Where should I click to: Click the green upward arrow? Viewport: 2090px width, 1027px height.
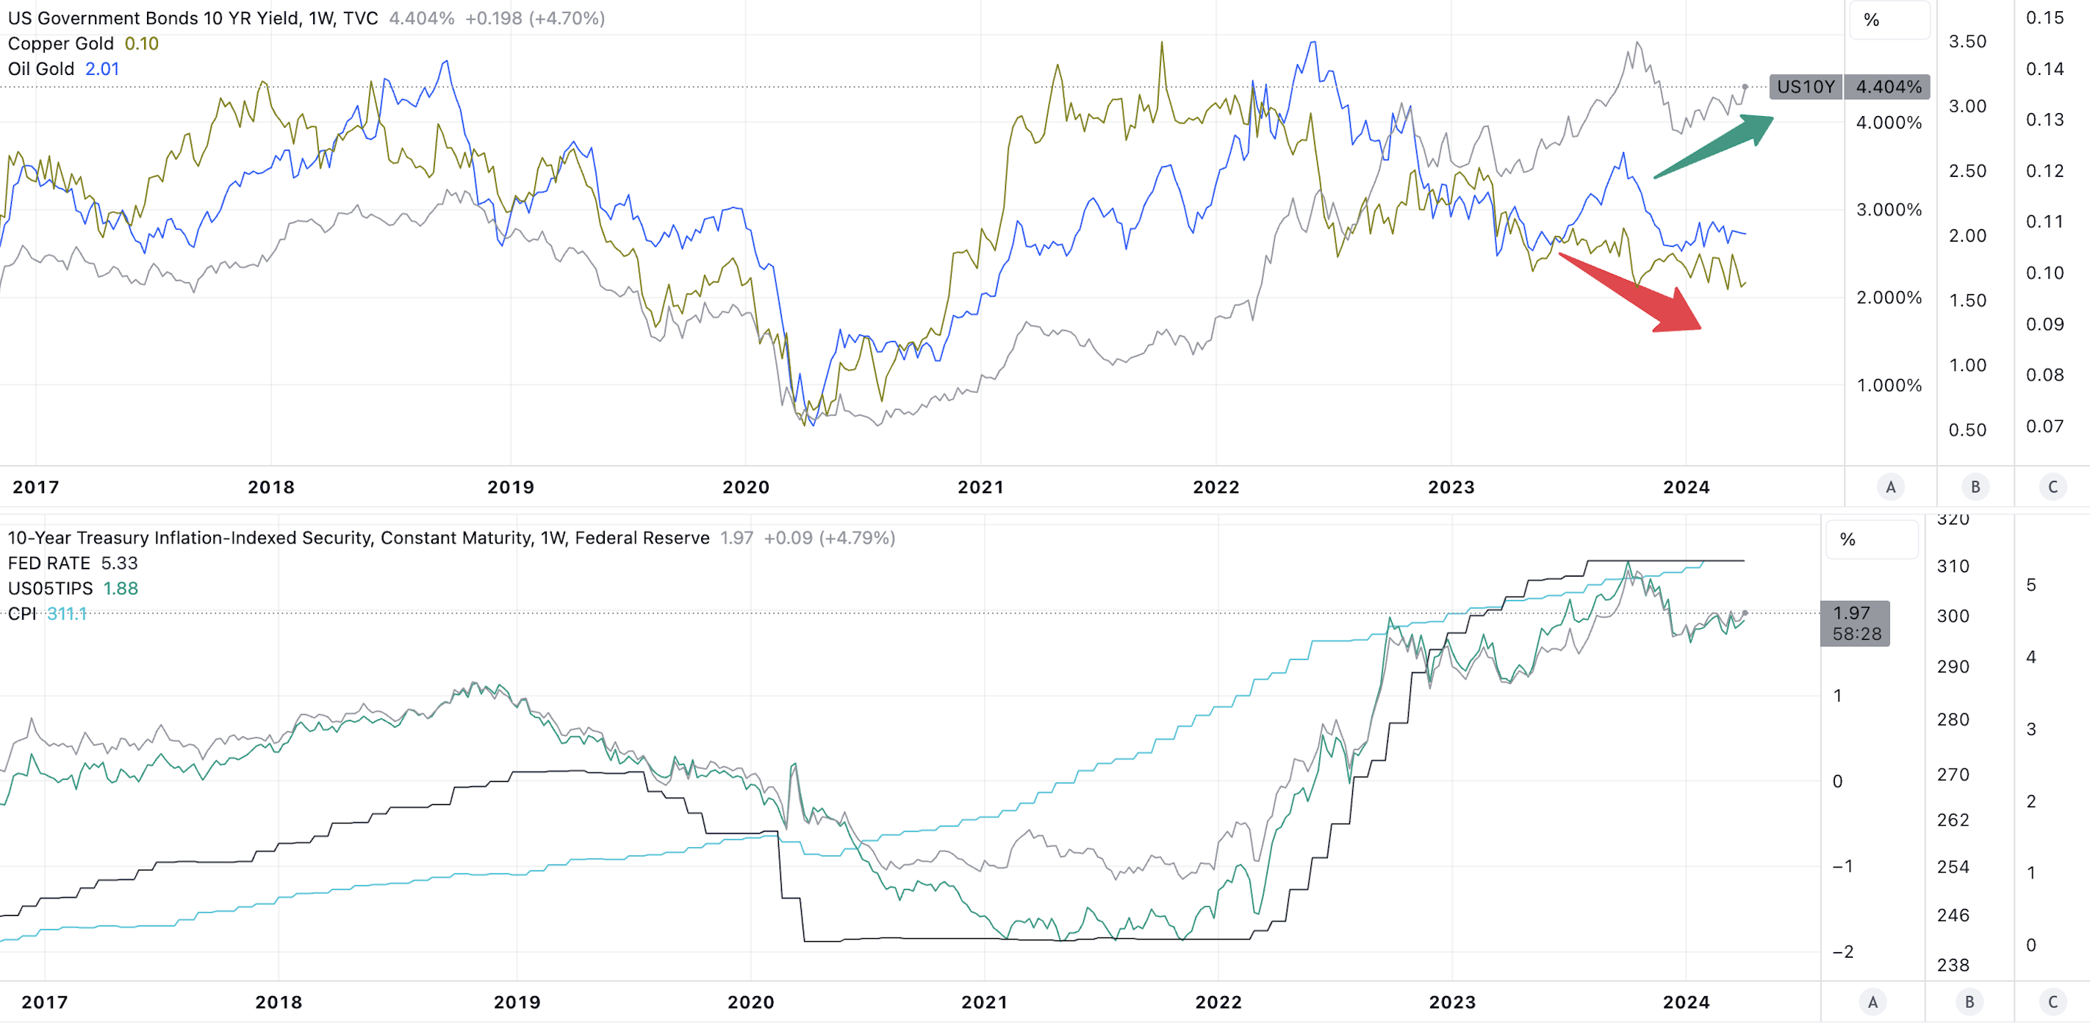(1714, 147)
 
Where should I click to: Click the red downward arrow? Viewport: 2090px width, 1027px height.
(1630, 292)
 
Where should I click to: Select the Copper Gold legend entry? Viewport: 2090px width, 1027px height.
(83, 44)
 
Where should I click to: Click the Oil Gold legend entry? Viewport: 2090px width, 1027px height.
(63, 69)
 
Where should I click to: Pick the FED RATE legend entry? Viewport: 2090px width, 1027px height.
(72, 563)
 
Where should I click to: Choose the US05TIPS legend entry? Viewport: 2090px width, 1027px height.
(72, 588)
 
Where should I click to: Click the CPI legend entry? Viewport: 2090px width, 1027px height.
(46, 613)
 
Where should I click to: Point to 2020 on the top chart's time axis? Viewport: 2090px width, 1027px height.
(746, 487)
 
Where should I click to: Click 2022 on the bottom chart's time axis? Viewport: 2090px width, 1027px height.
(1218, 1002)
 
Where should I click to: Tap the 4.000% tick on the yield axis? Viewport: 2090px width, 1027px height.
(1889, 123)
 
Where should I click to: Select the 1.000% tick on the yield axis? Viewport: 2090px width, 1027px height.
(1889, 386)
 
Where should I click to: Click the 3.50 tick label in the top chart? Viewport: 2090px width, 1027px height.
(1967, 41)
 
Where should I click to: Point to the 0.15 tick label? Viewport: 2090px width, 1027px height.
(2044, 18)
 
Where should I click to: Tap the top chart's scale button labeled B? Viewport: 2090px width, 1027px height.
(1975, 487)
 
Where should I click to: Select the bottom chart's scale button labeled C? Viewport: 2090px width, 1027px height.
(2053, 1002)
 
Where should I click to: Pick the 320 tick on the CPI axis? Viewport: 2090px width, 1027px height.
(1953, 519)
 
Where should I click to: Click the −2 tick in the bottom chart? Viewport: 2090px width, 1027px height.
(1842, 951)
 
